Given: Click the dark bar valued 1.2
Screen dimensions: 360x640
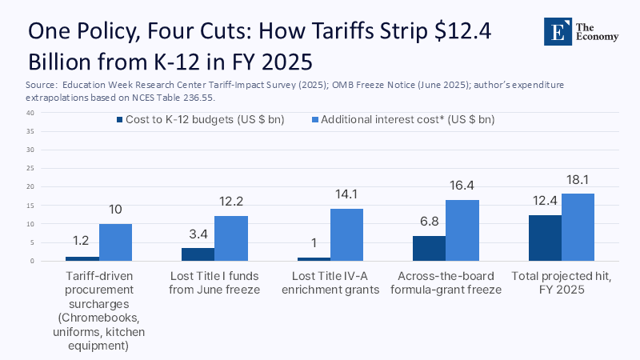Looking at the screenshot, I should (x=82, y=258).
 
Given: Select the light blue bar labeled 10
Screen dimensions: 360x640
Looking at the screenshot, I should (x=115, y=242).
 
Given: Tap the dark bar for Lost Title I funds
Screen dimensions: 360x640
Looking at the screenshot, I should (x=198, y=254).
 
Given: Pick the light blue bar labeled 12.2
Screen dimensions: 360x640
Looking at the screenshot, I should (x=230, y=238).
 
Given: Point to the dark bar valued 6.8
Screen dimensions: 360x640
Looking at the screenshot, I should (x=429, y=248).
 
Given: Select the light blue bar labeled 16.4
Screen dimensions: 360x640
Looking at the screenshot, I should (x=462, y=230).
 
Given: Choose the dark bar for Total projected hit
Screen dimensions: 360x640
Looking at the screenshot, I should (x=545, y=238).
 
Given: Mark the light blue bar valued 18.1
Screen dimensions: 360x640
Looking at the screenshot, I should (x=578, y=227).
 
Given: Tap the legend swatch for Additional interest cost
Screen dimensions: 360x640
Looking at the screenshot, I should (x=315, y=120).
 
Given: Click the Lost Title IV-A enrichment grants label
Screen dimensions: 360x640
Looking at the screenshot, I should (x=332, y=282).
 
